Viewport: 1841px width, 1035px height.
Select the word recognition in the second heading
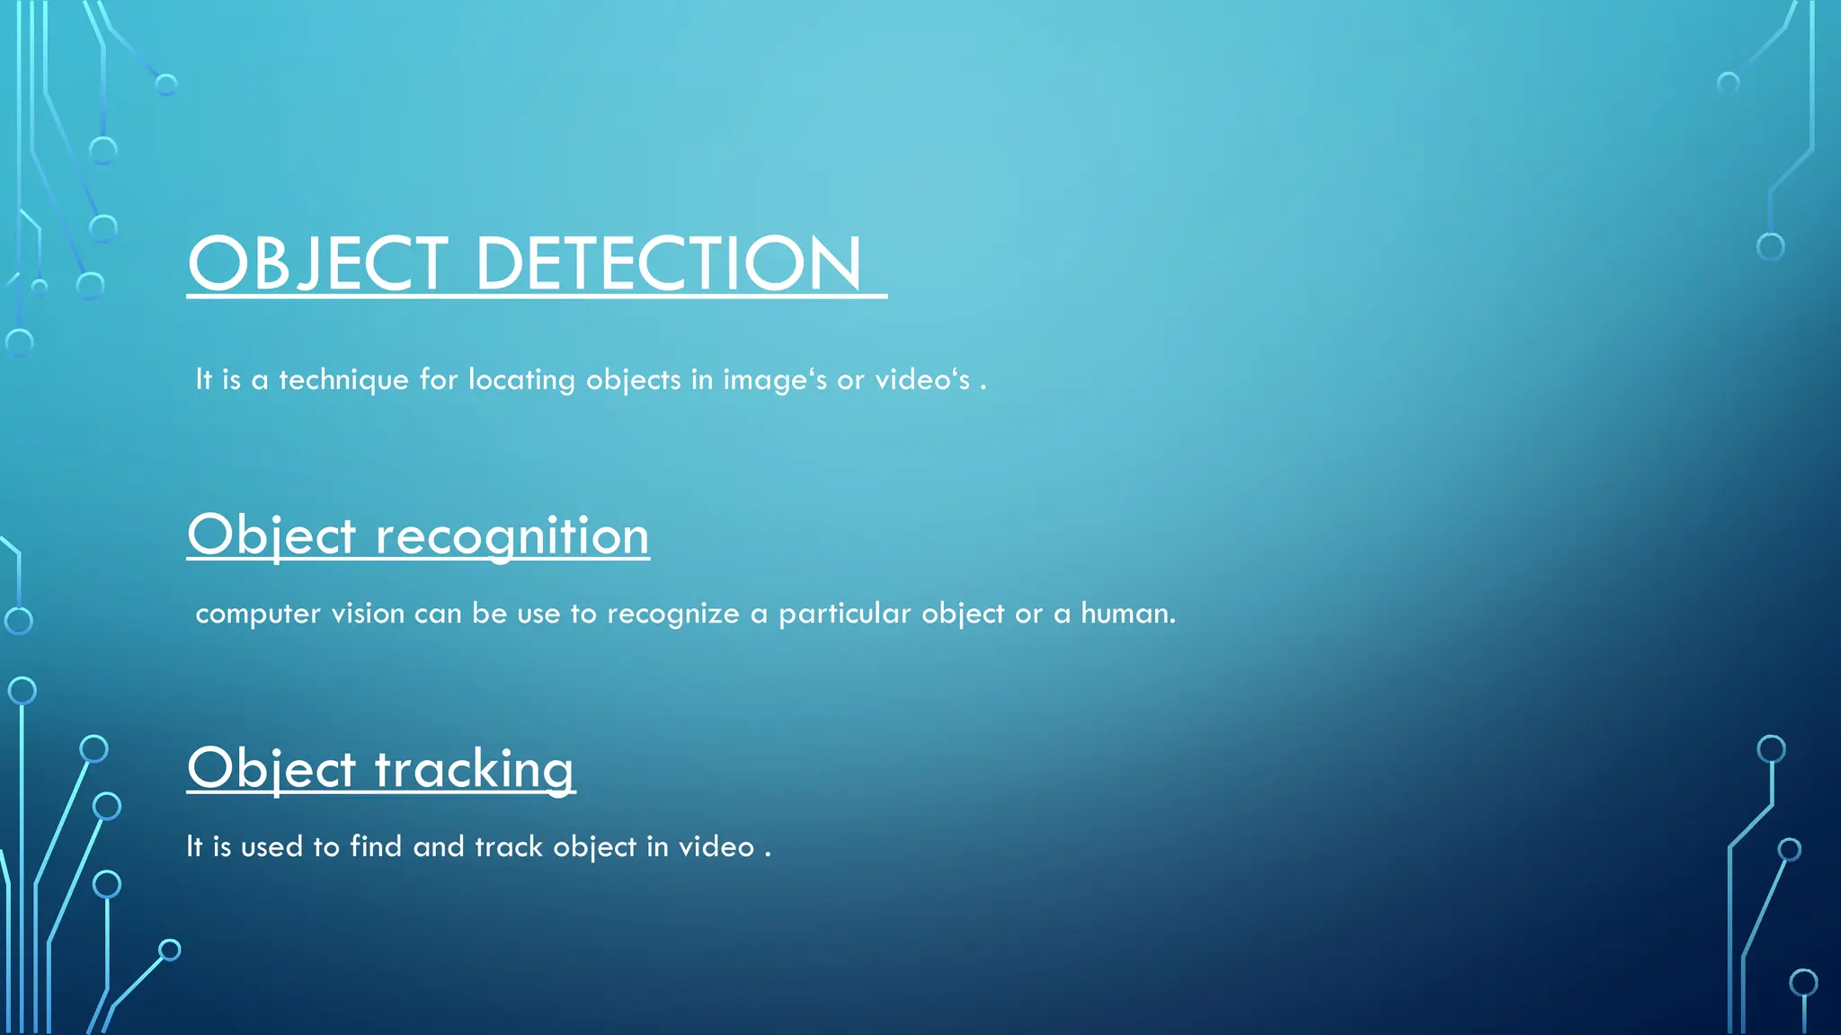(511, 536)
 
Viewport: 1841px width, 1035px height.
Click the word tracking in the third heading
(474, 770)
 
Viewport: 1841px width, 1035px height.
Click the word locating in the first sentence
(521, 380)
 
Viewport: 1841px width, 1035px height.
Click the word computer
(258, 614)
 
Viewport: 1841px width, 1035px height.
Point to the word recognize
(673, 614)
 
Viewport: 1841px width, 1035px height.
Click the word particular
(844, 614)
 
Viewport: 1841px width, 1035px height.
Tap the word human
(1127, 614)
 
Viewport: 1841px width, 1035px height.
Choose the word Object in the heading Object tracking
(271, 770)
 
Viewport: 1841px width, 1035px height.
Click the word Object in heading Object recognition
(271, 536)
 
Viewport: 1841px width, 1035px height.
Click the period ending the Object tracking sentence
(768, 854)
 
